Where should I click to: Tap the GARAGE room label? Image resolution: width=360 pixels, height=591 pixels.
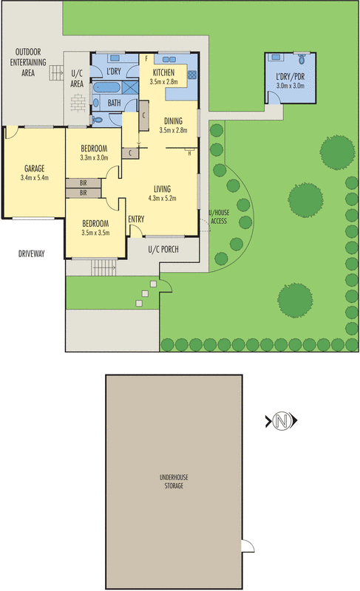pyautogui.click(x=35, y=168)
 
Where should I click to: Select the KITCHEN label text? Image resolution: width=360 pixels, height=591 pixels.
pyautogui.click(x=163, y=72)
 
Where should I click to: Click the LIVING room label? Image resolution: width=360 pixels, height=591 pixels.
pyautogui.click(x=163, y=188)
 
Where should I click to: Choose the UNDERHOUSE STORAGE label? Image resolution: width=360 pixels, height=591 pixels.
pyautogui.click(x=174, y=482)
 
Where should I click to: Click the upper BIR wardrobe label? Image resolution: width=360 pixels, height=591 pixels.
pyautogui.click(x=84, y=182)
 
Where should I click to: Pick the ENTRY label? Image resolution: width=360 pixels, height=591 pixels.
pyautogui.click(x=136, y=219)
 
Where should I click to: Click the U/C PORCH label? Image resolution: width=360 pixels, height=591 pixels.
pyautogui.click(x=163, y=249)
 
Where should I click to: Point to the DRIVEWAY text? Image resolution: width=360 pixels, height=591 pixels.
pyautogui.click(x=32, y=254)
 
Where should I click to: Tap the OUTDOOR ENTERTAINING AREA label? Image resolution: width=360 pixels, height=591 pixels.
pyautogui.click(x=30, y=62)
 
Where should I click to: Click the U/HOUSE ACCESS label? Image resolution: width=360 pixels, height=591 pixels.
pyautogui.click(x=219, y=216)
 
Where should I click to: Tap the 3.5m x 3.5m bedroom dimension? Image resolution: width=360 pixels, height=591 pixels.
pyautogui.click(x=95, y=233)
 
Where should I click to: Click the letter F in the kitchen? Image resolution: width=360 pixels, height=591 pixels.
pyautogui.click(x=147, y=58)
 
